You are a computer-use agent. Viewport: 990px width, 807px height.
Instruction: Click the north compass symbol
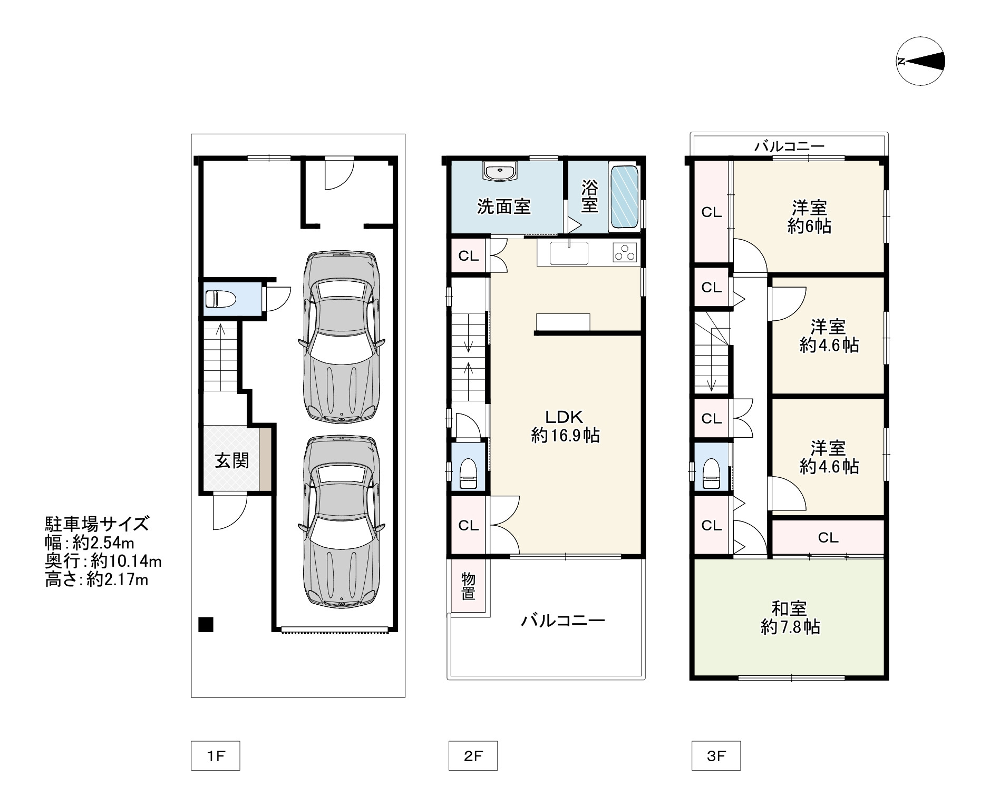point(920,61)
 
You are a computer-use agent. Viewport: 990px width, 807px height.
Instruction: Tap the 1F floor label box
point(215,756)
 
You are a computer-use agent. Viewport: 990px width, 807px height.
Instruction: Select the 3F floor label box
point(716,756)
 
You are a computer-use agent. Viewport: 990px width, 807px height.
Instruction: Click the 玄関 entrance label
point(232,461)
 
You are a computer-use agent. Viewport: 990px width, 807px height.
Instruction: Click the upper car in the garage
point(341,337)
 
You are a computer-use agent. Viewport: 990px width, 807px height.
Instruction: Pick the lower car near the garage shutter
point(341,522)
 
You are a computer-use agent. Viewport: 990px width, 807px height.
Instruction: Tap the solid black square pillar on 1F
point(206,624)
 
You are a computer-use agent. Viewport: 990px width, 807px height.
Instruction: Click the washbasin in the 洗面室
point(499,172)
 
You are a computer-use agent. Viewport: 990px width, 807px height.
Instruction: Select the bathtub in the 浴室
point(625,198)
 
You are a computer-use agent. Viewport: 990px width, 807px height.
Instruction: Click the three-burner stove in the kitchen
point(625,253)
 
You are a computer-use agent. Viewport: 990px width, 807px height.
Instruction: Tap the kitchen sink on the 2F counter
point(569,253)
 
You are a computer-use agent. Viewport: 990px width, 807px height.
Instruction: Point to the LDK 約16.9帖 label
point(565,426)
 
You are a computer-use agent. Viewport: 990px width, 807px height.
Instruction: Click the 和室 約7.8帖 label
point(790,618)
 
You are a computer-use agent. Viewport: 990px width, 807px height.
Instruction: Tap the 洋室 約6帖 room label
point(809,216)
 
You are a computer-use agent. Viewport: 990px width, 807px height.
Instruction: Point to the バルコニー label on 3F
point(789,146)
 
